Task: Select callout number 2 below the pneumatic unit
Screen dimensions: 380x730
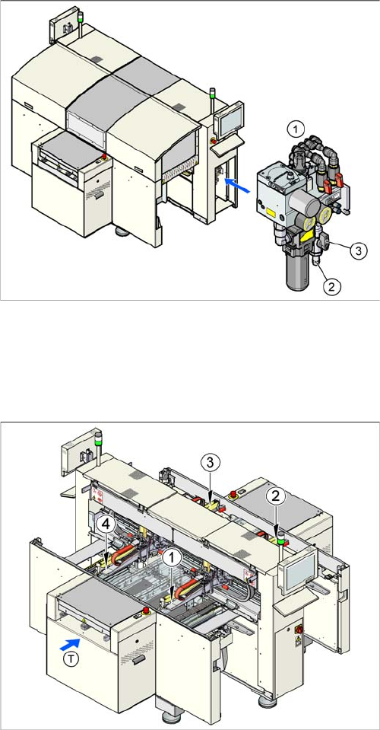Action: [x=331, y=286]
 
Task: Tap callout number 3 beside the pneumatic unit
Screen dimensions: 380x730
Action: [x=358, y=250]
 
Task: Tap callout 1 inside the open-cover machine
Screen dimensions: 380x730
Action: [x=173, y=556]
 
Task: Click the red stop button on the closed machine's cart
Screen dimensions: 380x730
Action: [x=103, y=157]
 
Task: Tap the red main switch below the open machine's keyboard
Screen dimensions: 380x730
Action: [x=299, y=630]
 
